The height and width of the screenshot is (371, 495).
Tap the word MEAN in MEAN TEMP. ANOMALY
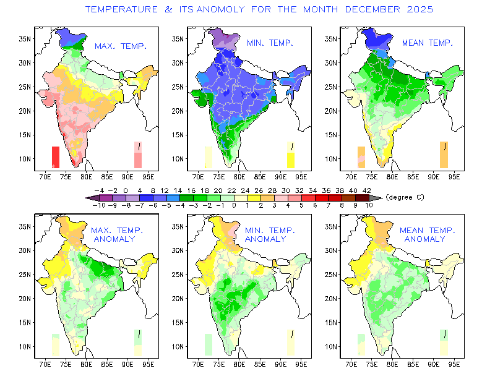coord(411,231)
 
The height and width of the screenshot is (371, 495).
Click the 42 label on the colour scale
coord(367,190)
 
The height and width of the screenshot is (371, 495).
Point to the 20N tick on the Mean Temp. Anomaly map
coord(331,298)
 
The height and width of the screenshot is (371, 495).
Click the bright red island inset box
coord(56,156)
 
